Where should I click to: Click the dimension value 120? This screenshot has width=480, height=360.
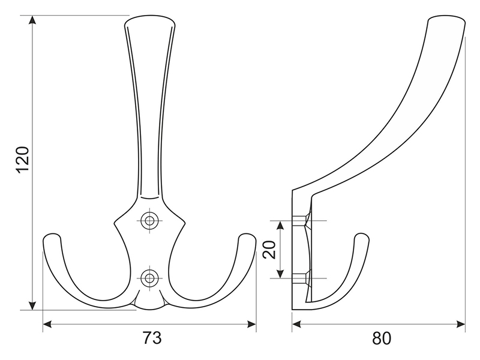[23, 160]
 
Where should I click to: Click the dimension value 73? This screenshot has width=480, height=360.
[152, 338]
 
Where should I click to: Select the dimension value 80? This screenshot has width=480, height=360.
[382, 338]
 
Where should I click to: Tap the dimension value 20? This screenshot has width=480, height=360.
[269, 250]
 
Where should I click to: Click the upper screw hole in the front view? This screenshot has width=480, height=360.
[149, 220]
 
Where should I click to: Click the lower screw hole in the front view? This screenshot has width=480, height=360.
[149, 278]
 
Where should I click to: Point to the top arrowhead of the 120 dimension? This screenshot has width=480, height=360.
[32, 20]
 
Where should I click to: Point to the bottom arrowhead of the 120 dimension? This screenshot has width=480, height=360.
[32, 305]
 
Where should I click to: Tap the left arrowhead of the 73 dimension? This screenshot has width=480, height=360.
[48, 324]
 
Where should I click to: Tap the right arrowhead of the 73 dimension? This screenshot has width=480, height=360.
[251, 324]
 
